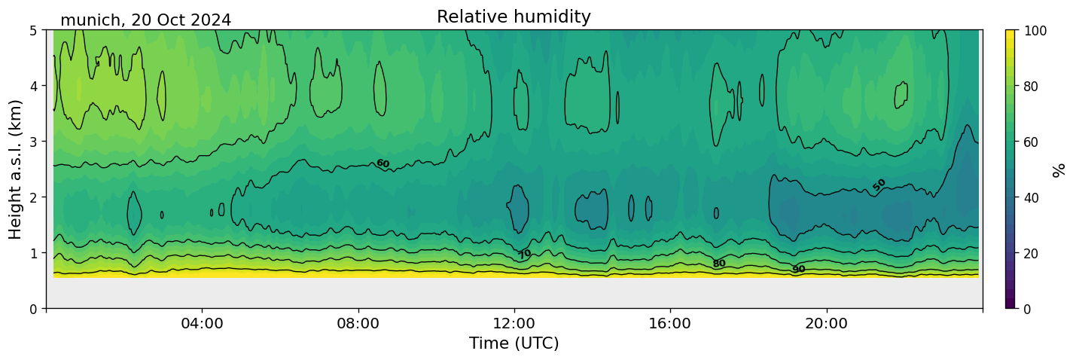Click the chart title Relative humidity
click(x=514, y=17)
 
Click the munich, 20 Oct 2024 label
click(x=145, y=20)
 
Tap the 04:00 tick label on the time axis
click(x=202, y=323)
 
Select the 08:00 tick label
click(x=358, y=323)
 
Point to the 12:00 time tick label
click(x=514, y=323)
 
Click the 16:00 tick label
click(x=670, y=323)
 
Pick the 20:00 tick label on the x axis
click(x=827, y=323)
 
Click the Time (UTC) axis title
click(x=514, y=343)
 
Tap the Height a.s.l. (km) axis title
click(x=16, y=169)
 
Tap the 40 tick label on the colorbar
click(x=1036, y=197)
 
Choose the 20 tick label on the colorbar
click(x=1036, y=253)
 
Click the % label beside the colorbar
click(x=1060, y=169)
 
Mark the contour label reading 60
click(x=383, y=163)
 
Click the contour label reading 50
click(x=879, y=185)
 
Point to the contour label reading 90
click(x=798, y=269)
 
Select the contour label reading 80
click(x=719, y=263)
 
